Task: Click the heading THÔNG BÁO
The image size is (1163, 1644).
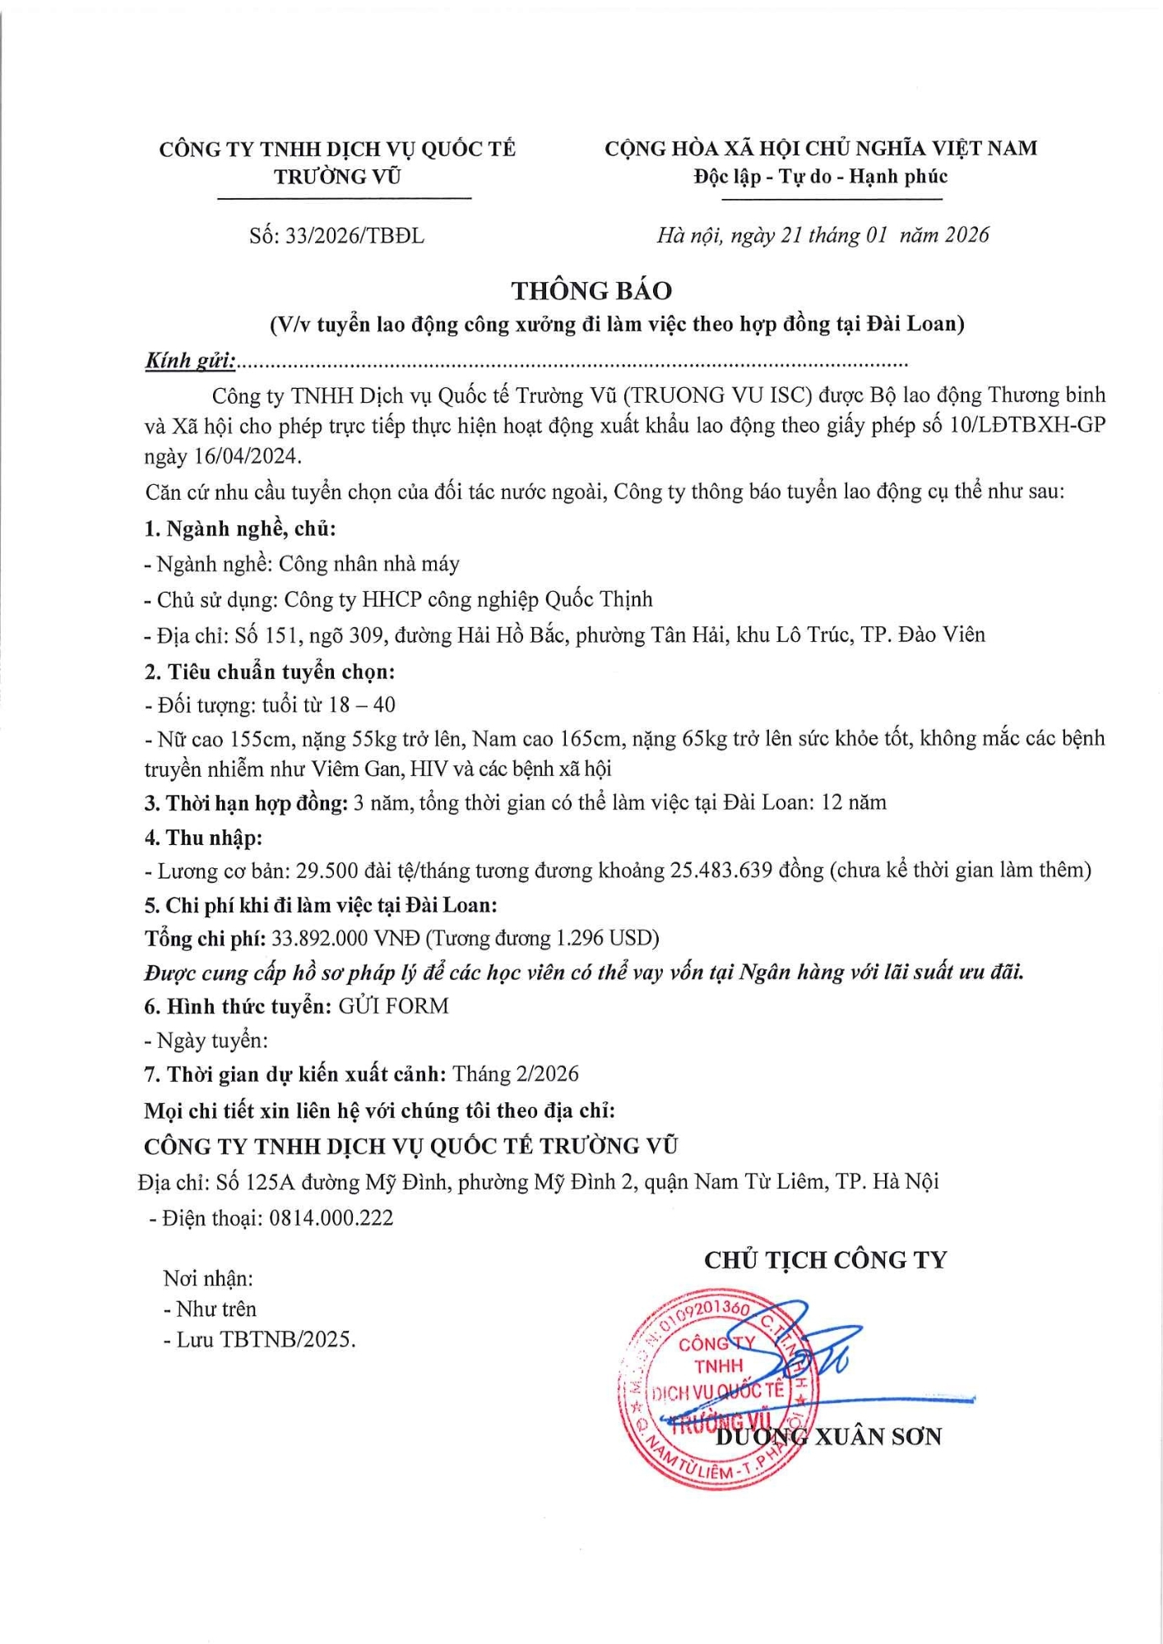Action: pyautogui.click(x=591, y=291)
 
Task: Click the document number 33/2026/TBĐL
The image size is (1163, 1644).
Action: pyautogui.click(x=354, y=237)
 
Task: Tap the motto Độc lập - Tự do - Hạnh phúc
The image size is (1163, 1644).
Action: pyautogui.click(x=820, y=177)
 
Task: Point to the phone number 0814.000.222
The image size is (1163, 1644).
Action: pyautogui.click(x=331, y=1217)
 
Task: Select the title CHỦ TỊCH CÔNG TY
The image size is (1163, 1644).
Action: pyautogui.click(x=825, y=1260)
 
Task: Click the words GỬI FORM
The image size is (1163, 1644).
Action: pyautogui.click(x=393, y=1006)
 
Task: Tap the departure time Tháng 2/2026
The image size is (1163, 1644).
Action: pyautogui.click(x=516, y=1074)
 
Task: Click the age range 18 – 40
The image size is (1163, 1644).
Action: pyautogui.click(x=361, y=705)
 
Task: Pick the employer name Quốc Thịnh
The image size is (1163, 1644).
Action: pyautogui.click(x=599, y=599)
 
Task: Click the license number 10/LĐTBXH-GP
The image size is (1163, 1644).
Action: pyautogui.click(x=1027, y=426)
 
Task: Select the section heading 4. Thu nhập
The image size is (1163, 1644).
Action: pyautogui.click(x=203, y=838)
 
